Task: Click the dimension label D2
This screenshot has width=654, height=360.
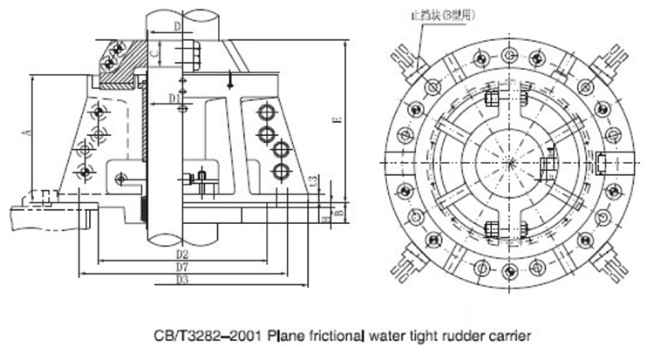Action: click(x=181, y=254)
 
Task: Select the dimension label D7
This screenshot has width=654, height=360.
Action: click(x=181, y=267)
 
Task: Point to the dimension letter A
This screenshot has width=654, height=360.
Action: click(x=27, y=132)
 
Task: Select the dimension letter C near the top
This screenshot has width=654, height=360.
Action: click(x=154, y=54)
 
